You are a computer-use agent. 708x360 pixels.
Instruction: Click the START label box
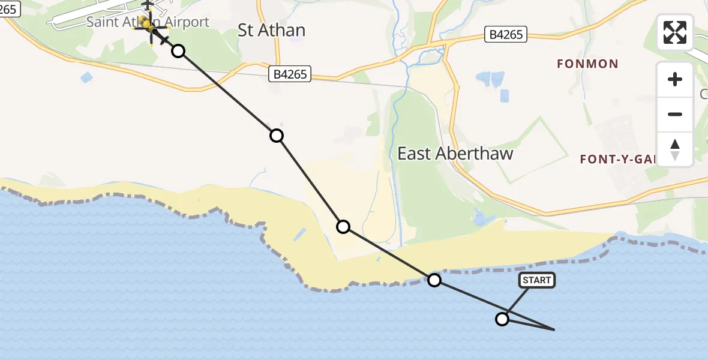[536, 280]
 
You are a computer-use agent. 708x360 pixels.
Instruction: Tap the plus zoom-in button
[675, 79]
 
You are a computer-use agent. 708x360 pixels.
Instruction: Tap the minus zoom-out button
[675, 114]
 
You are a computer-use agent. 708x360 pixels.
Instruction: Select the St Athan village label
[271, 30]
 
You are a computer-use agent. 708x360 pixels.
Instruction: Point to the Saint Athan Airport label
[148, 22]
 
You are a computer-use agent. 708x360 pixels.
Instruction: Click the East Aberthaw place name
[455, 154]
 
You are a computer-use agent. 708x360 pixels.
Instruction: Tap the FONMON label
[587, 64]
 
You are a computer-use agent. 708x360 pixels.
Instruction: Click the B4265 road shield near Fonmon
[506, 35]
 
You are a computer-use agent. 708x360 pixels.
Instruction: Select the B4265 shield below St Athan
[290, 74]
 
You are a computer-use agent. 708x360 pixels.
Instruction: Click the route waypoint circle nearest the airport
[178, 51]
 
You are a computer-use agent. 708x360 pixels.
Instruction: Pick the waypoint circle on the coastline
[434, 280]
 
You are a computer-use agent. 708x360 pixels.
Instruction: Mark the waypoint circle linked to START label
[502, 319]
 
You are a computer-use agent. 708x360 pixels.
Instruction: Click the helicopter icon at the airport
[147, 24]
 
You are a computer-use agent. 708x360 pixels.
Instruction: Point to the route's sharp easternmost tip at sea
[553, 329]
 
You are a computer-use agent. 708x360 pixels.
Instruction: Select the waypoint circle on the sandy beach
[343, 227]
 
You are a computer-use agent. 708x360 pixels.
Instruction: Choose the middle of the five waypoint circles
[343, 227]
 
